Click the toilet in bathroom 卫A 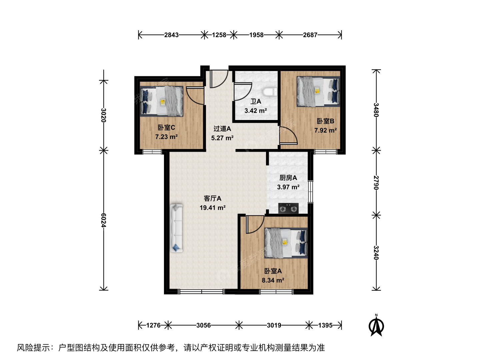point(270,92)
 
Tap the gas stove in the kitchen point(288,208)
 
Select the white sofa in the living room point(176,228)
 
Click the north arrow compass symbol point(376,326)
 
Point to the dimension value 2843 point(171,35)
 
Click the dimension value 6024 point(103,220)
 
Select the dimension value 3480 point(376,110)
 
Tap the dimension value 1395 point(325,325)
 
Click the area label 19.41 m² point(213,208)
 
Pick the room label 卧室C point(166,127)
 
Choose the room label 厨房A point(288,178)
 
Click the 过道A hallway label point(222,129)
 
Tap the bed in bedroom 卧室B point(318,91)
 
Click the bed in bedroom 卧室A point(286,243)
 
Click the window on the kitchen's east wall point(311,192)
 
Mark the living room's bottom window point(201,291)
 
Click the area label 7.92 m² point(325,130)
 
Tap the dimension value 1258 point(219,35)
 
